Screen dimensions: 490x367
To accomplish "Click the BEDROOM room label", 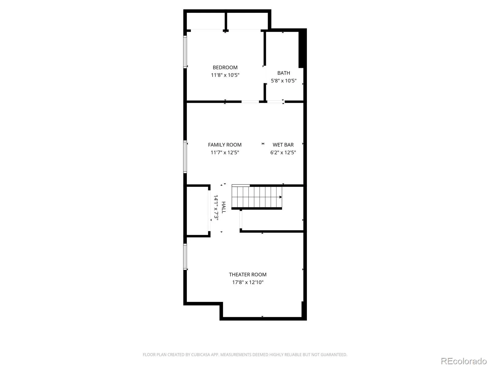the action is [x=225, y=67].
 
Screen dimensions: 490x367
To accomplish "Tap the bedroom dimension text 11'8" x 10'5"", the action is [x=225, y=75].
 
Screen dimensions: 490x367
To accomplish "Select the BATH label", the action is [x=284, y=73].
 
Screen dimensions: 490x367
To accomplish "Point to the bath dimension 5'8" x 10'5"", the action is [x=284, y=80].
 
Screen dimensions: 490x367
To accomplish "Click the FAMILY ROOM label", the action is [x=224, y=145].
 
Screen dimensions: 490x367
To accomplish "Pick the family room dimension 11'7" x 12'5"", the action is [x=225, y=152].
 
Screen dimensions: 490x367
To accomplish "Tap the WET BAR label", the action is [x=283, y=145].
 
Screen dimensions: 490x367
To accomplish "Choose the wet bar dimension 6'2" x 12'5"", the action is [x=283, y=152].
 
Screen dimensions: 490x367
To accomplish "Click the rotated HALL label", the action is [x=224, y=207].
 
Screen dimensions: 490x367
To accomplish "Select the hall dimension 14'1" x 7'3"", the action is [x=216, y=208].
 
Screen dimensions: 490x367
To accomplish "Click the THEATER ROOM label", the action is [x=247, y=275].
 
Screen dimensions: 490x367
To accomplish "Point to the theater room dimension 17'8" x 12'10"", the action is [x=247, y=282].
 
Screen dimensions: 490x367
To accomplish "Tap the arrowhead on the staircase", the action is [x=281, y=197].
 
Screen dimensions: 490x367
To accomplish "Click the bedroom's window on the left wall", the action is [x=185, y=52].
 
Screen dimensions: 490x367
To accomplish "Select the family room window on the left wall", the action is [x=185, y=157].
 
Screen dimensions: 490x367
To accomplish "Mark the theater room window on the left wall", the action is [x=185, y=257].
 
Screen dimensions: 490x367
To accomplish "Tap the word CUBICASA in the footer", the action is [x=201, y=354].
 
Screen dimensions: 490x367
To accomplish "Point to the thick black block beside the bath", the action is [x=301, y=49].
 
